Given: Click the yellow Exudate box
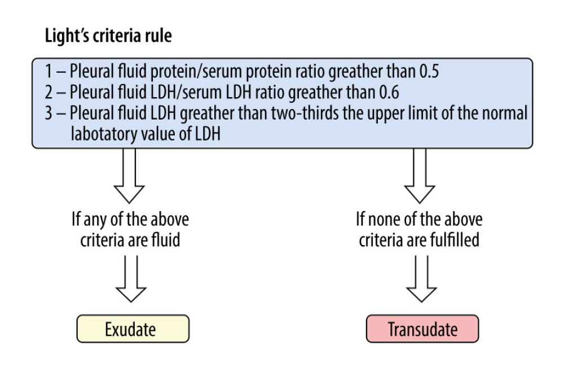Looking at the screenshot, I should [x=133, y=329].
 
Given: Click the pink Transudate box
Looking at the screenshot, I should [x=422, y=329].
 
